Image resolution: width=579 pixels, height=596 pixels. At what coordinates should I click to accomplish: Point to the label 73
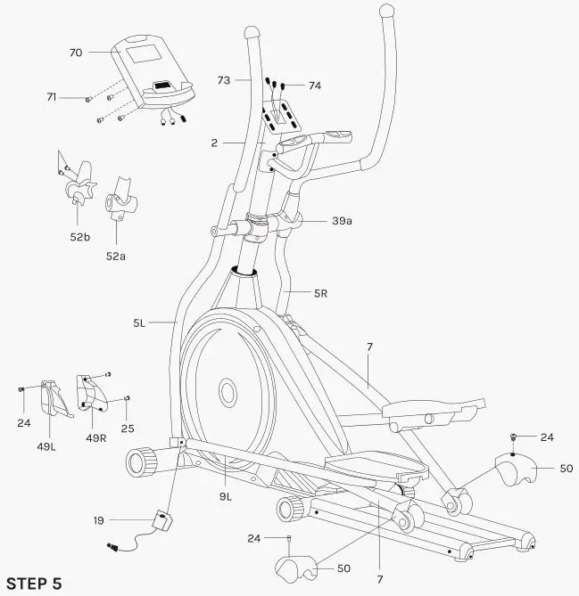click(x=224, y=80)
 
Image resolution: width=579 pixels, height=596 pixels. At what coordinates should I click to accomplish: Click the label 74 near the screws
click(x=314, y=86)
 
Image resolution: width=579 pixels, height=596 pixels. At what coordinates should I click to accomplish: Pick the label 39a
click(x=342, y=221)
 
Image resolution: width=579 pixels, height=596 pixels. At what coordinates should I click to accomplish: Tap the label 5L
click(x=139, y=324)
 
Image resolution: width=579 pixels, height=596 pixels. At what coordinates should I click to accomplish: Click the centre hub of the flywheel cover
click(x=227, y=390)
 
